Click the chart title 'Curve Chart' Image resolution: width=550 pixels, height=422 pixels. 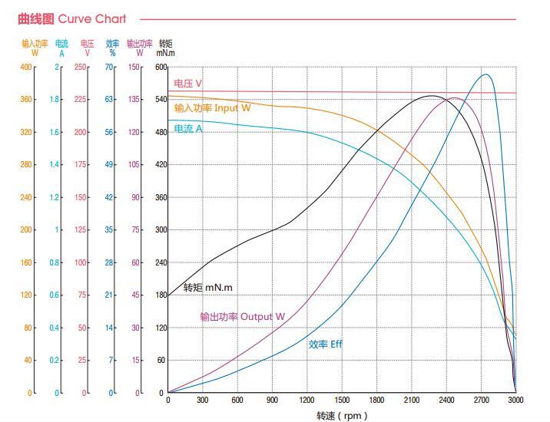72,18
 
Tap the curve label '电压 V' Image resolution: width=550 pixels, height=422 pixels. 188,84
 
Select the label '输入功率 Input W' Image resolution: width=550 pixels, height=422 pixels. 212,108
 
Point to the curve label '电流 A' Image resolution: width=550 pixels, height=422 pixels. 188,129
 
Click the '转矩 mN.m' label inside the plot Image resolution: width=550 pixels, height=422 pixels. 207,288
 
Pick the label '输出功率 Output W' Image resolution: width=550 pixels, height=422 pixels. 243,316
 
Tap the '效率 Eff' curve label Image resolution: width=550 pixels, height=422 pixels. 325,345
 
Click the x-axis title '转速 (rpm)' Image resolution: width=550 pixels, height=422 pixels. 342,416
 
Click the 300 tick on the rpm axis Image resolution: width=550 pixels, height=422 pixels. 202,400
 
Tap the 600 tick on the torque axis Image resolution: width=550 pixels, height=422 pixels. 161,68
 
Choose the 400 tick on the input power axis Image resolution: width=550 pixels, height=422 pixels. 27,68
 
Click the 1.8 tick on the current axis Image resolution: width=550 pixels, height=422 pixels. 55,100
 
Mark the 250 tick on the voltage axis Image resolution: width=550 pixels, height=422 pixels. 81,68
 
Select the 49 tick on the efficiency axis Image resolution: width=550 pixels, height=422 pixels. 111,165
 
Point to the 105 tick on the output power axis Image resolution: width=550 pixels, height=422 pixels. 134,165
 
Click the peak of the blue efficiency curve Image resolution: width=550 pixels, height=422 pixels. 485,74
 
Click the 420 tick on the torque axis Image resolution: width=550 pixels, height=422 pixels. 161,165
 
